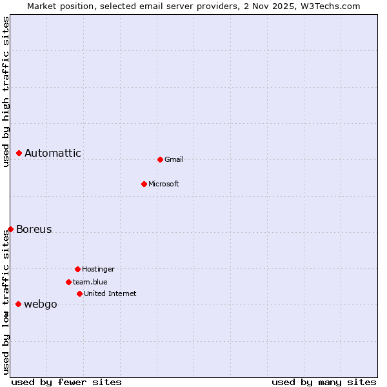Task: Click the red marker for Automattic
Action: click(19, 153)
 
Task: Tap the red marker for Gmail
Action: click(160, 159)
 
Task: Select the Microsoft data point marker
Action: click(144, 184)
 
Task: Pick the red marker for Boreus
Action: click(10, 229)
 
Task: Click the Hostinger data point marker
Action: click(77, 269)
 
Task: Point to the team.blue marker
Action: click(68, 282)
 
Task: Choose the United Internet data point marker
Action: click(79, 293)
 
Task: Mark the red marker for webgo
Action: click(18, 304)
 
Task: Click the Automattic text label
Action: click(53, 153)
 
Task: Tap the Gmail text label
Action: click(174, 159)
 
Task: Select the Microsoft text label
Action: click(164, 184)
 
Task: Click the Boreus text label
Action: click(34, 229)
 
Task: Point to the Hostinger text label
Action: click(98, 269)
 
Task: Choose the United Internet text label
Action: click(110, 293)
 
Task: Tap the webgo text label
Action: click(41, 304)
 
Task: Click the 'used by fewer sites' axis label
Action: click(66, 382)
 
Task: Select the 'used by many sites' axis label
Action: click(324, 382)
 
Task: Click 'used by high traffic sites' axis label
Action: click(6, 92)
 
